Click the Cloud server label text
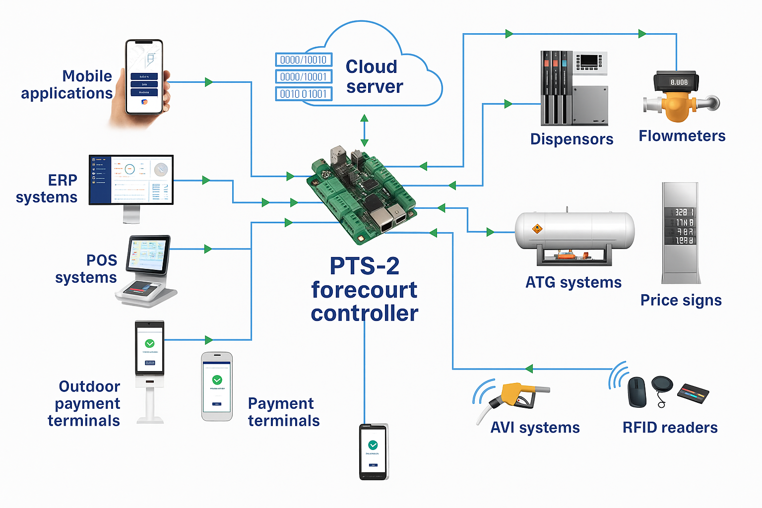(x=374, y=76)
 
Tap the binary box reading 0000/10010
(x=304, y=60)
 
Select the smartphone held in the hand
(x=144, y=77)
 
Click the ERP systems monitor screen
(x=131, y=179)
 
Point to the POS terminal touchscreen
(x=148, y=254)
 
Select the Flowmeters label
(x=682, y=136)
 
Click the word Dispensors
(x=571, y=139)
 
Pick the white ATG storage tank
(x=574, y=231)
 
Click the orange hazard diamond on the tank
(x=537, y=229)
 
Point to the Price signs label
(x=681, y=300)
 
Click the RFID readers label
(x=670, y=428)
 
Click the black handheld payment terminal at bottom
(x=373, y=451)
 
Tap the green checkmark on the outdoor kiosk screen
(x=149, y=343)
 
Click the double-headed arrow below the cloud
(x=364, y=130)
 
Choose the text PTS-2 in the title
(x=365, y=266)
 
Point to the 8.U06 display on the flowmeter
(x=679, y=82)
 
